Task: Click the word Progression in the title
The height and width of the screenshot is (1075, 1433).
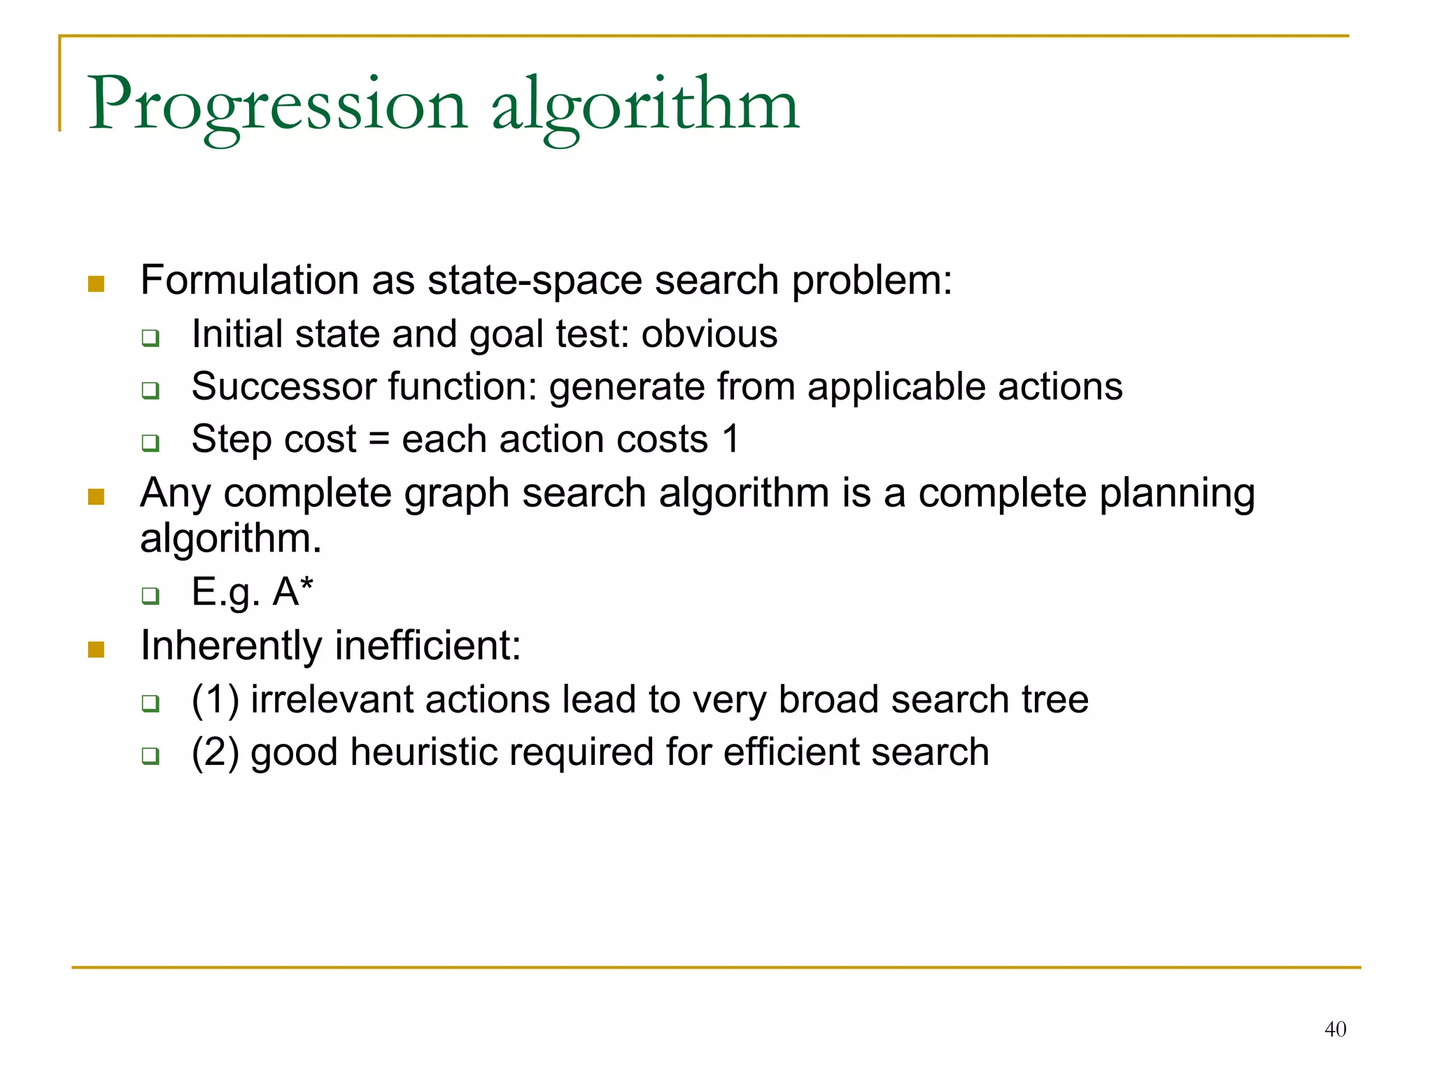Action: click(277, 105)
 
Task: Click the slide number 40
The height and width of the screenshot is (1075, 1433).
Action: click(1335, 1029)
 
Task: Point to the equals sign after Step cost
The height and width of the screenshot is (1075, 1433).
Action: click(379, 440)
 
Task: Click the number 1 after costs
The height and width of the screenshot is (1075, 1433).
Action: click(730, 440)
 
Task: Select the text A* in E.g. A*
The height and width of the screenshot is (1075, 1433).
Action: click(292, 591)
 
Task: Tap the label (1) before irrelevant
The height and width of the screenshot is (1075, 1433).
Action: click(216, 700)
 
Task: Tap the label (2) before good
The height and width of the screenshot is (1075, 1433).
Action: click(216, 752)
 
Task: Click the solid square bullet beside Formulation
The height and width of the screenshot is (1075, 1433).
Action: click(97, 284)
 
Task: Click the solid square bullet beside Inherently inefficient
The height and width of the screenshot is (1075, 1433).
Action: click(97, 649)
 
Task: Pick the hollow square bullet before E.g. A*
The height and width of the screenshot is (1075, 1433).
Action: click(150, 596)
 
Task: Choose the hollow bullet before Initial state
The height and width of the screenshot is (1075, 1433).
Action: click(150, 338)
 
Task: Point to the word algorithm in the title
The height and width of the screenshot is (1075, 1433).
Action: click(644, 105)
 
